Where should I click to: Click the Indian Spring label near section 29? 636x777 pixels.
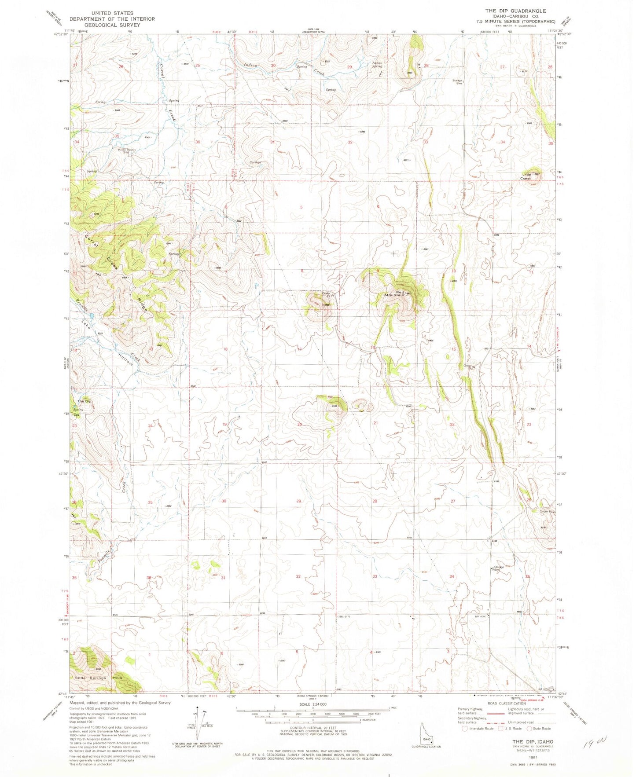click(377, 65)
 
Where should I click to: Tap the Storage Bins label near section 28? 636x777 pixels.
click(458, 82)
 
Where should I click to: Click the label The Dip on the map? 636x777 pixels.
click(84, 401)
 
